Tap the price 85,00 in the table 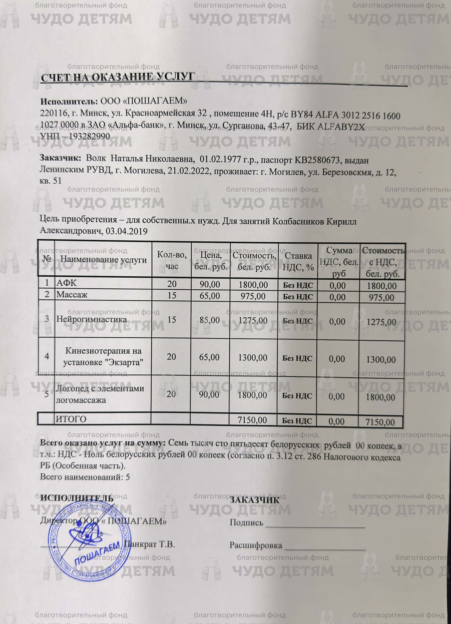coord(210,320)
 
